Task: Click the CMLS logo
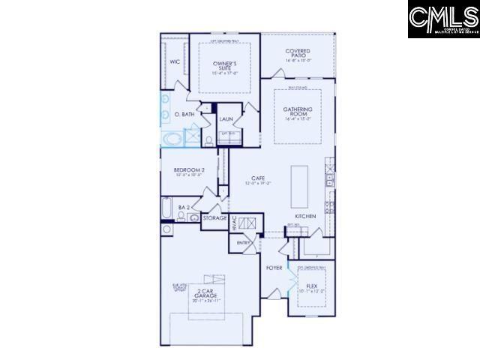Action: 442,19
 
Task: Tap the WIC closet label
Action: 174,62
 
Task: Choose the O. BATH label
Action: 184,114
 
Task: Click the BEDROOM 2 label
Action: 189,170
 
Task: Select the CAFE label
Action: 258,179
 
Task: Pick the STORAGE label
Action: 214,217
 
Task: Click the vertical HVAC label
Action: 233,223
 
